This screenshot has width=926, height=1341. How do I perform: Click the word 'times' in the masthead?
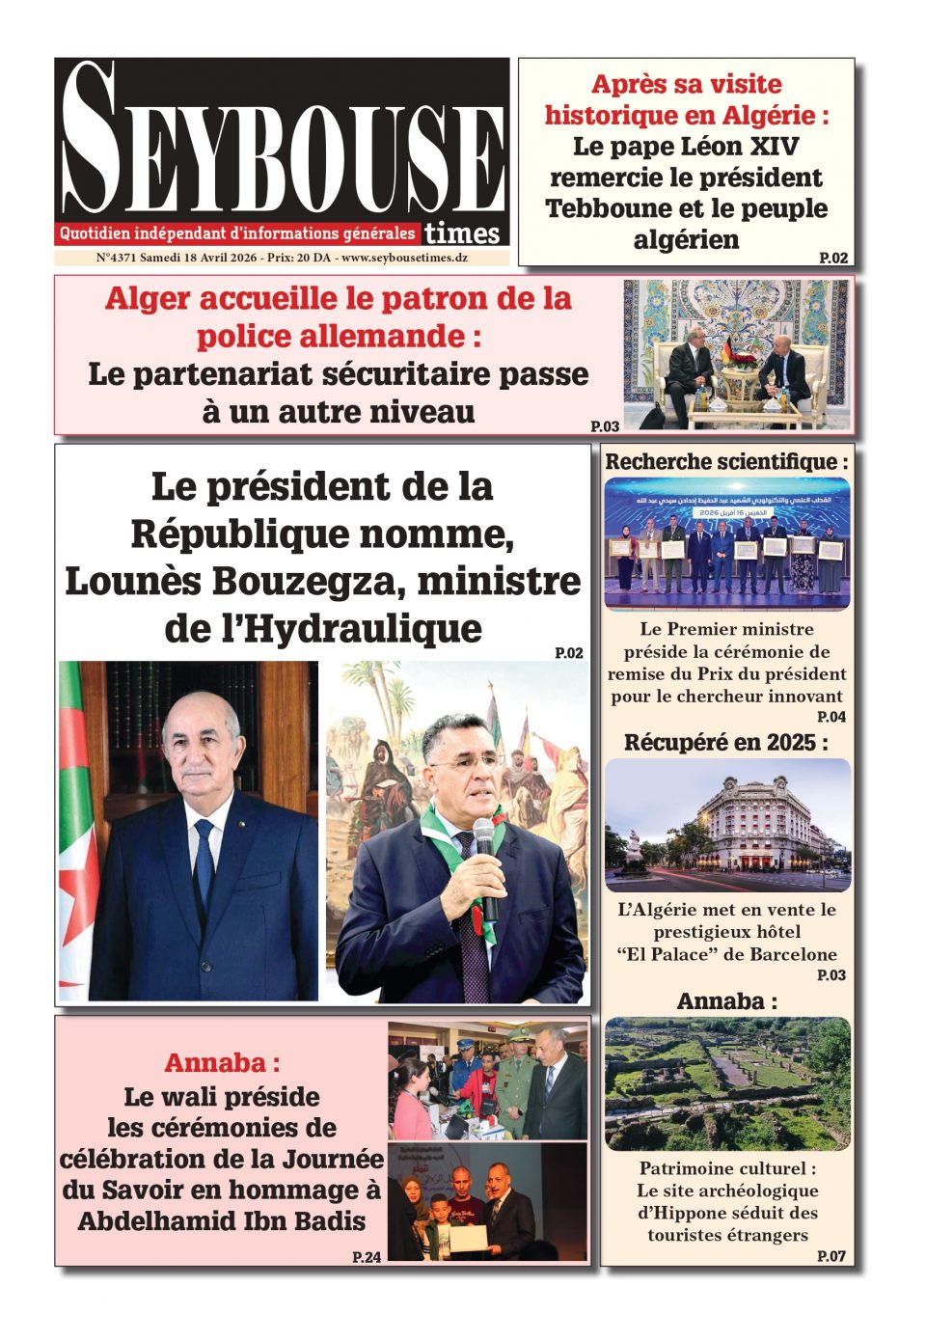(x=462, y=233)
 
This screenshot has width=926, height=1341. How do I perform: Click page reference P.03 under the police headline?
(x=605, y=425)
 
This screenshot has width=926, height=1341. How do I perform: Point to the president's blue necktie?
(x=204, y=859)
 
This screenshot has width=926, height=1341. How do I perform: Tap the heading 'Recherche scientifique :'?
(x=726, y=461)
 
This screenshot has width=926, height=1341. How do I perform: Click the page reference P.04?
(x=831, y=717)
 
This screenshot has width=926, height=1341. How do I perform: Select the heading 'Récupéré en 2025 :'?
(x=725, y=742)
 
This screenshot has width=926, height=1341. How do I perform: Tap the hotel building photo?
(x=727, y=825)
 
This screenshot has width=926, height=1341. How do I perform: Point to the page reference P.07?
(x=831, y=1255)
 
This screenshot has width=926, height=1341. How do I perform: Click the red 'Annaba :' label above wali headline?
(x=222, y=1062)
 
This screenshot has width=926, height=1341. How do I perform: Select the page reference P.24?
(x=367, y=1257)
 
